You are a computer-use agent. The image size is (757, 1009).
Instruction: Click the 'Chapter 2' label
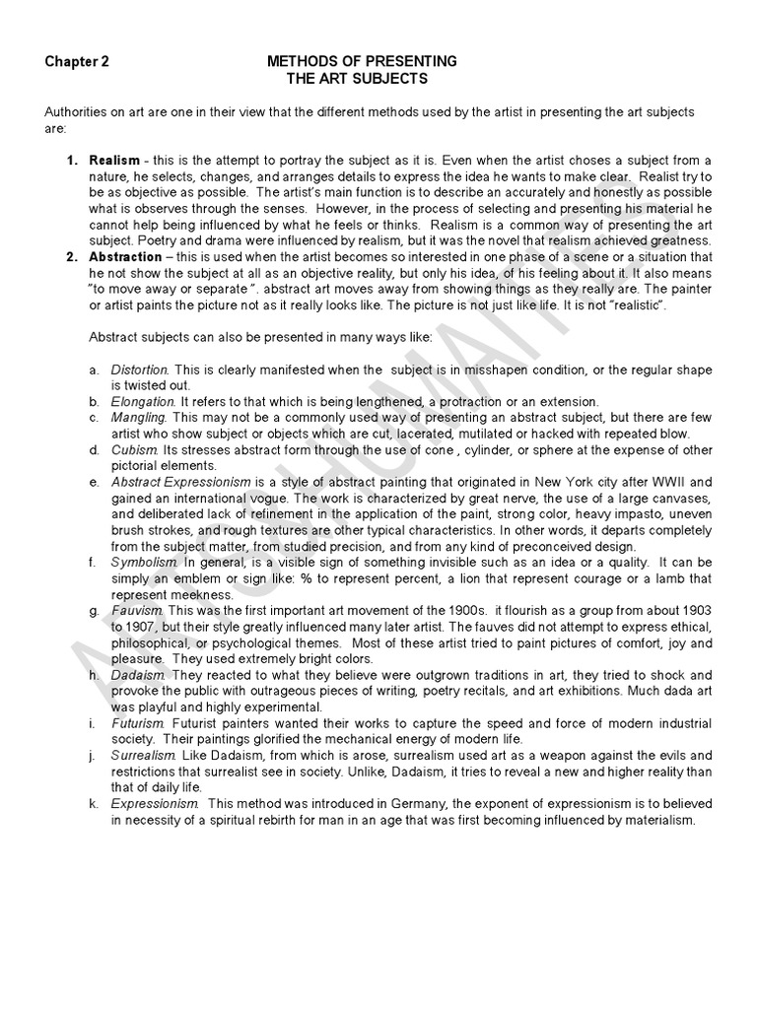pyautogui.click(x=76, y=61)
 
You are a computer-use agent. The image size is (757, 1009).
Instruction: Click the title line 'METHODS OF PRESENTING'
pyautogui.click(x=362, y=61)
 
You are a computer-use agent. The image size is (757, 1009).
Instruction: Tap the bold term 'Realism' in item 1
pyautogui.click(x=114, y=160)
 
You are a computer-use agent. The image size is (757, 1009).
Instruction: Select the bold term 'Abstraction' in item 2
pyautogui.click(x=126, y=257)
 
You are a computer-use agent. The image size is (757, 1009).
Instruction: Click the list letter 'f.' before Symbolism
pyautogui.click(x=92, y=563)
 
